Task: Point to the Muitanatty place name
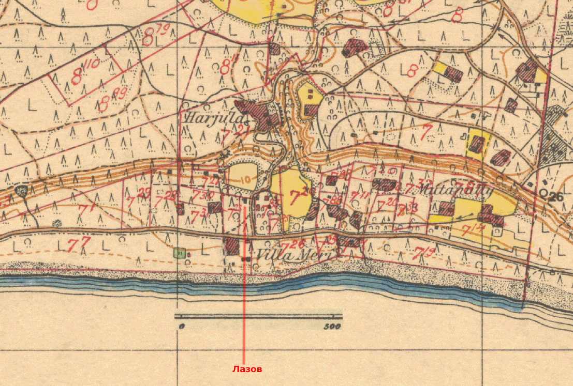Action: click(448, 190)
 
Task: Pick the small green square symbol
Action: click(179, 253)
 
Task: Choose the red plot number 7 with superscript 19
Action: click(424, 253)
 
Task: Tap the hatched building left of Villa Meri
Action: click(231, 246)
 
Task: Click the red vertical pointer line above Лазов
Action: click(244, 310)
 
